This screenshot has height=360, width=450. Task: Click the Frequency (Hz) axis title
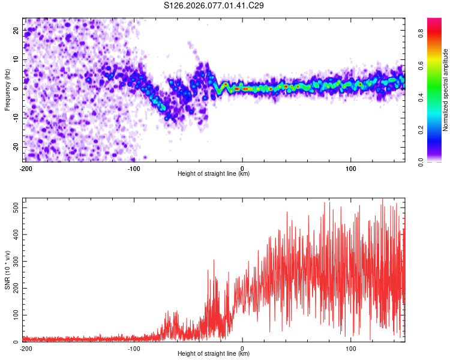coord(7,90)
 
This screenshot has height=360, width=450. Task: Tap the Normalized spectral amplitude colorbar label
coord(446,90)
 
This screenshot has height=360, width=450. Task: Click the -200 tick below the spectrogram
coord(25,167)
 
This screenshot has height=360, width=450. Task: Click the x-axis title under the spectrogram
coord(214,173)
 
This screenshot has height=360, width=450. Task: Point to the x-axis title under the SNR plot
coord(214,354)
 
